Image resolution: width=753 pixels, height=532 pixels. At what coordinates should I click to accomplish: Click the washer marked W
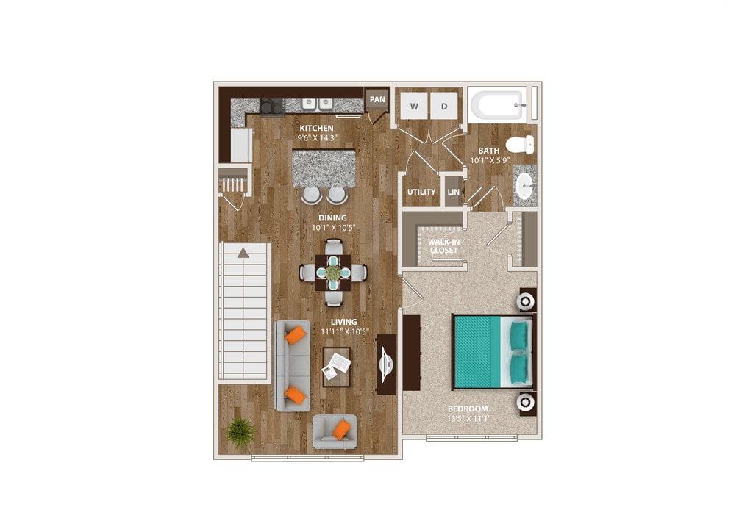pyautogui.click(x=414, y=107)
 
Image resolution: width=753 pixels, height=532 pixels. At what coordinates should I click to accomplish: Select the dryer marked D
pyautogui.click(x=444, y=107)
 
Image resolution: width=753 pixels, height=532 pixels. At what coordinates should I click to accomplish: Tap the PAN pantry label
pyautogui.click(x=377, y=99)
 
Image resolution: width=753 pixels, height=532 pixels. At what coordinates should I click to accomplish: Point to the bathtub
pyautogui.click(x=498, y=104)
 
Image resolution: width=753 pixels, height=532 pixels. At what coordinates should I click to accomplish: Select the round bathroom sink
pyautogui.click(x=524, y=185)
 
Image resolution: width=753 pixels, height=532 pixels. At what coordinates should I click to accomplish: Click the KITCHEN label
pyautogui.click(x=316, y=129)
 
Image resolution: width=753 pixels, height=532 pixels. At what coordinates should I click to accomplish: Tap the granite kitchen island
pyautogui.click(x=324, y=168)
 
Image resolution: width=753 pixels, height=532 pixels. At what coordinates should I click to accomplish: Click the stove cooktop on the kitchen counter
pyautogui.click(x=272, y=107)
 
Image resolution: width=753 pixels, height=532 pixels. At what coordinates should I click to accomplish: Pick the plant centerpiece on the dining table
pyautogui.click(x=333, y=273)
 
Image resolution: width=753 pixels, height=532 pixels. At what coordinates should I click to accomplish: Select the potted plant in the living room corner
pyautogui.click(x=240, y=432)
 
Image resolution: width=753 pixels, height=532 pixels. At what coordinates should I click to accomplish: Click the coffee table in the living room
pyautogui.click(x=337, y=366)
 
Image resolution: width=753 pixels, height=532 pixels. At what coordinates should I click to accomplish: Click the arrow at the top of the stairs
pyautogui.click(x=243, y=253)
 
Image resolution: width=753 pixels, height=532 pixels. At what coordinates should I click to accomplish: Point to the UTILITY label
pyautogui.click(x=421, y=192)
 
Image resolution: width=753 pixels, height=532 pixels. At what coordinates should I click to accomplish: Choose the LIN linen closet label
pyautogui.click(x=453, y=192)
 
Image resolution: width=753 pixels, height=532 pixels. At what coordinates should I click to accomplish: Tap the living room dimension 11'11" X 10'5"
pyautogui.click(x=343, y=331)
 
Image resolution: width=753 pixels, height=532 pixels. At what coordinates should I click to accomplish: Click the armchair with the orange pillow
pyautogui.click(x=335, y=431)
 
